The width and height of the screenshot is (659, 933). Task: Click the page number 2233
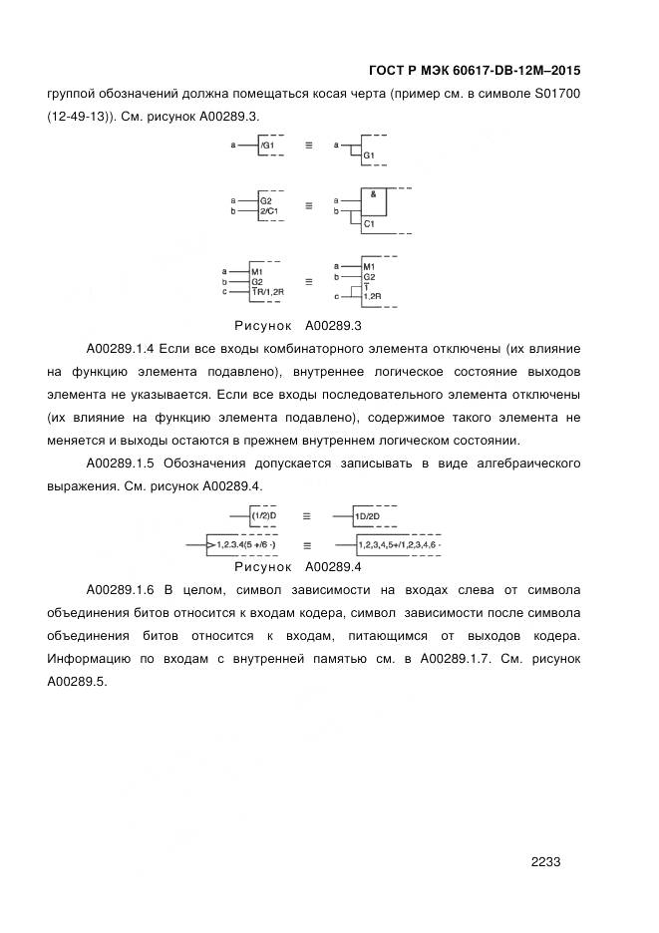coord(546,862)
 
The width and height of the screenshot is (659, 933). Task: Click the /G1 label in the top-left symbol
coord(267,147)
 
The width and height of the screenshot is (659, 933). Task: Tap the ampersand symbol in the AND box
coord(372,195)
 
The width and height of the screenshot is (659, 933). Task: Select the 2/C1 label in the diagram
coord(268,211)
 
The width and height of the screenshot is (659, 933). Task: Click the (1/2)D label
coord(263,515)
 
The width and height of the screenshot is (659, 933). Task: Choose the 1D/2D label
coord(369,515)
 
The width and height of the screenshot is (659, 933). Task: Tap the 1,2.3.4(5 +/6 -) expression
coord(246,545)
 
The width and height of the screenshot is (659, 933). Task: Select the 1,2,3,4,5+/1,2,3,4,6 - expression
coord(400,545)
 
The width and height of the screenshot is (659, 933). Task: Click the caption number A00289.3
coord(333,326)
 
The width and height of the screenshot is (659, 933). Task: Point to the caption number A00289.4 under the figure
coord(333,567)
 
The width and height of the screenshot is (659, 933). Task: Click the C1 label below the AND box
coord(369,223)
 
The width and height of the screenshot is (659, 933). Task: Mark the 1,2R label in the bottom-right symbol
coord(372,297)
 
